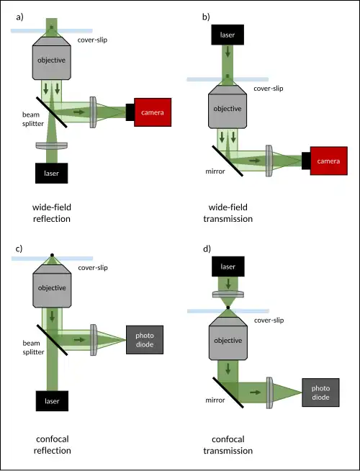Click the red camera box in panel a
[x=153, y=112]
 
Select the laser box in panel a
[x=51, y=173]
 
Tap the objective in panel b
[x=228, y=107]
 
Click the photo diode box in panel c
[x=145, y=340]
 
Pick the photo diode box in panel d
[x=320, y=392]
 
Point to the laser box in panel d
[x=228, y=266]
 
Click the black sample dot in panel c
[x=52, y=255]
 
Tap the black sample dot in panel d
[x=228, y=308]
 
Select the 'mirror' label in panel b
[x=215, y=171]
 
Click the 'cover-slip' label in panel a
[x=92, y=40]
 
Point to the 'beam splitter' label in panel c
[x=33, y=347]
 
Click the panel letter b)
[x=206, y=17]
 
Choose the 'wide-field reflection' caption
[x=52, y=213]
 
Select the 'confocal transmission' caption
[x=228, y=445]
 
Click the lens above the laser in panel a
[x=51, y=145]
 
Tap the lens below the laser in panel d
[x=228, y=294]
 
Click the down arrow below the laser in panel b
[x=228, y=51]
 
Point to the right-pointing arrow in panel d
[x=255, y=392]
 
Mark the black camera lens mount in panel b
[x=306, y=161]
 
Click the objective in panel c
[x=52, y=286]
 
